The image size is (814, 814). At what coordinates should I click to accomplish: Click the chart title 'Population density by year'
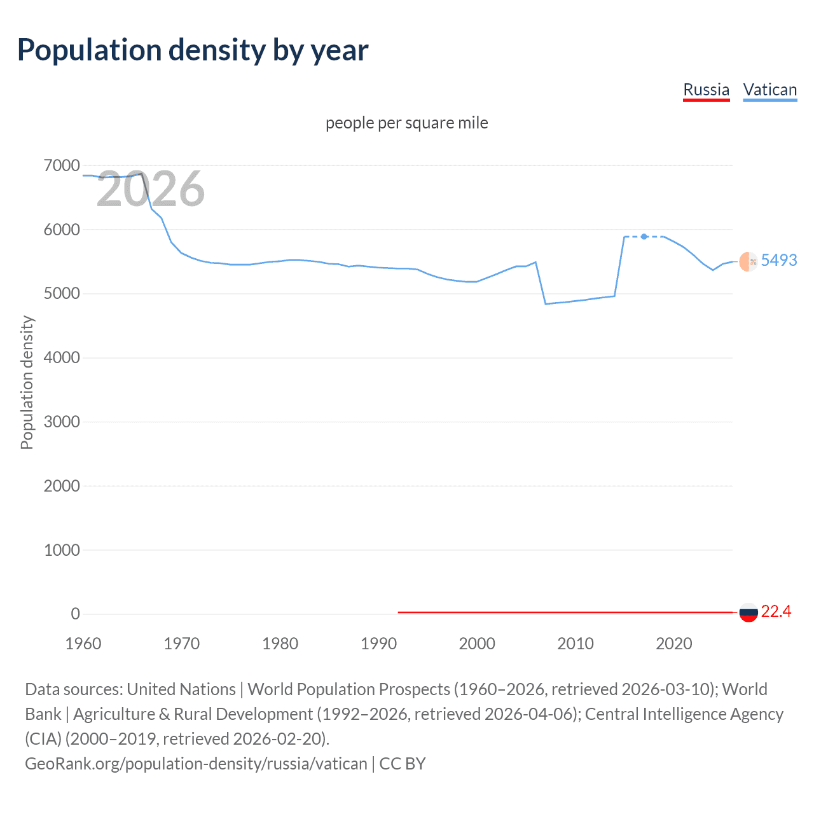point(193,50)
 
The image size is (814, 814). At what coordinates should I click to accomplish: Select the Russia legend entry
point(706,90)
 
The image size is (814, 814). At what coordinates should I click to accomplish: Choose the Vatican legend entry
point(769,90)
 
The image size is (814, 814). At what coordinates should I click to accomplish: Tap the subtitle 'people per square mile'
point(407,123)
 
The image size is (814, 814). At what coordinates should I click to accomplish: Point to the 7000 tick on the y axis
point(62,166)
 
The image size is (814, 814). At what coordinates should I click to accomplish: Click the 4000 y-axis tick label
point(62,358)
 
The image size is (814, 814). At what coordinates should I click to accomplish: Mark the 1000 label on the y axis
point(62,550)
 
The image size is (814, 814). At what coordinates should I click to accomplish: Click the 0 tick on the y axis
point(75,614)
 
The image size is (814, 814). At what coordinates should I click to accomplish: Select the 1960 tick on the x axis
point(83,644)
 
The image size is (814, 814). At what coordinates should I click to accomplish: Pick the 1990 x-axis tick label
point(378,644)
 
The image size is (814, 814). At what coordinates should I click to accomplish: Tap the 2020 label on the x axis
point(673,644)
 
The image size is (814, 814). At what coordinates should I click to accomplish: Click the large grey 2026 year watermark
point(151,189)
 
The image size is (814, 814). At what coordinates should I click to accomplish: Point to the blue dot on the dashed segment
point(644,237)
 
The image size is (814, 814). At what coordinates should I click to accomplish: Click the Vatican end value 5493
point(778,260)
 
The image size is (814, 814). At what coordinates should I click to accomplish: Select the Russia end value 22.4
point(776,611)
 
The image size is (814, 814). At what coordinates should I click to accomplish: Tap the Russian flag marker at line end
point(748,612)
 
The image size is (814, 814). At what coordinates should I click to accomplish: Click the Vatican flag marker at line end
point(748,261)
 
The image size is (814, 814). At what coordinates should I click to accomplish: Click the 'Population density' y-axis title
point(27,383)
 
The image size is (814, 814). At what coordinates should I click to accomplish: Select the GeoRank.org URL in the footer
point(196,763)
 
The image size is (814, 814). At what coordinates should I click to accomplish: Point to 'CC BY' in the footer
point(403,763)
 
